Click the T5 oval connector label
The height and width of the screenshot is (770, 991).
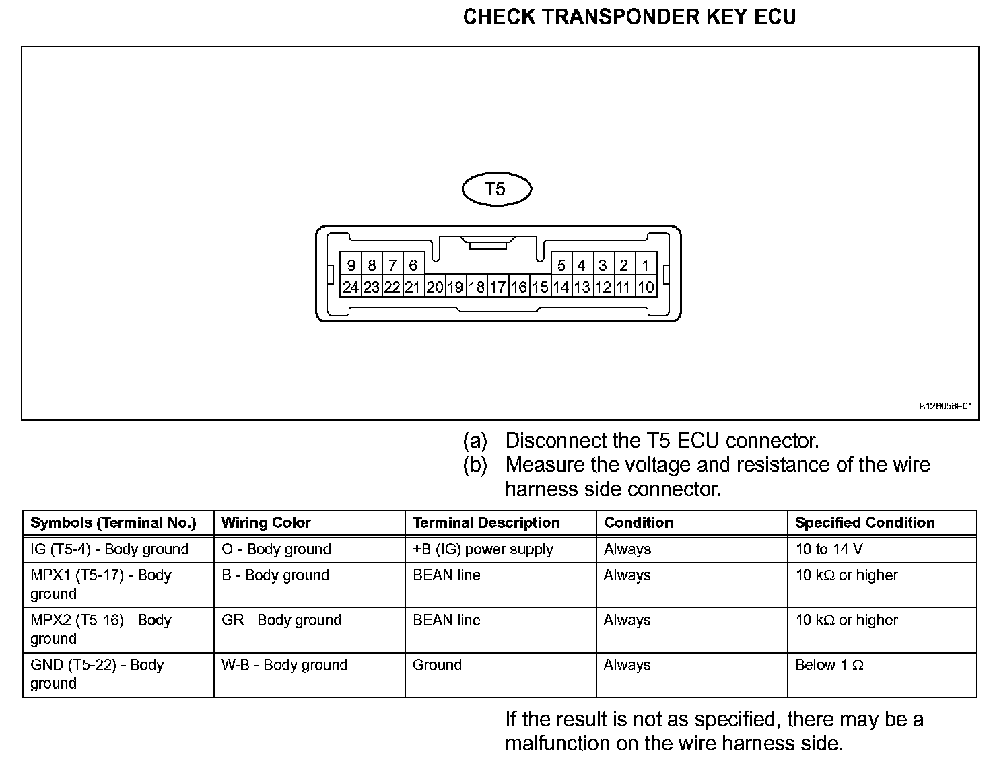pos(496,188)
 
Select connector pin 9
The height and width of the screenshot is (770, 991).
pos(350,265)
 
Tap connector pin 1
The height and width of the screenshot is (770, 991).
pos(646,265)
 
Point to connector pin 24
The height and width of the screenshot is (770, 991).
pos(350,287)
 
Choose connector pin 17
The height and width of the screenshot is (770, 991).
pos(498,287)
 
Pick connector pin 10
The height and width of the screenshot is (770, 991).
pos(646,287)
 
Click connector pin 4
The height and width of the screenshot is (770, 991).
pos(582,265)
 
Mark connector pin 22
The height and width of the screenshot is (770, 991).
pos(392,287)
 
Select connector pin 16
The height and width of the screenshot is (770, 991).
pos(518,287)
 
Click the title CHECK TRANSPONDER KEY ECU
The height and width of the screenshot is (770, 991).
pos(629,17)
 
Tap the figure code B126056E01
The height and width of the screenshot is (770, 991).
pos(946,407)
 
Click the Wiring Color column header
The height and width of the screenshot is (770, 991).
pos(266,523)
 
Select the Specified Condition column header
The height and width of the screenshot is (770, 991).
pos(864,523)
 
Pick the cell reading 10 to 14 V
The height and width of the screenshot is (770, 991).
pos(829,549)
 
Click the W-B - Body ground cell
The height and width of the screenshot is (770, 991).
pos(284,665)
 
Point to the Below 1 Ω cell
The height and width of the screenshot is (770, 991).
pos(829,665)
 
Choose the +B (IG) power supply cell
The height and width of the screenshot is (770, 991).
pos(483,549)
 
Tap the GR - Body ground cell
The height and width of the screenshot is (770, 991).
pos(281,620)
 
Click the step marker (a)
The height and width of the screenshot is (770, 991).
pos(475,441)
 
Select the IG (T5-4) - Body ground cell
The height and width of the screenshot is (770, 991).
pos(109,549)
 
